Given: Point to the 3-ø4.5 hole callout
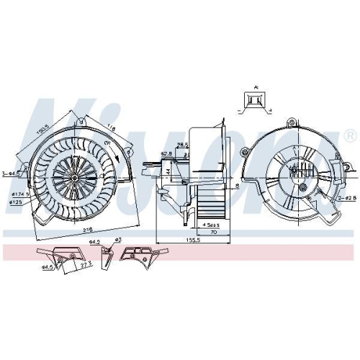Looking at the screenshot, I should pyautogui.click(x=10, y=173).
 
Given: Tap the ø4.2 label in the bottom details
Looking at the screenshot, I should pyautogui.click(x=94, y=243).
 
